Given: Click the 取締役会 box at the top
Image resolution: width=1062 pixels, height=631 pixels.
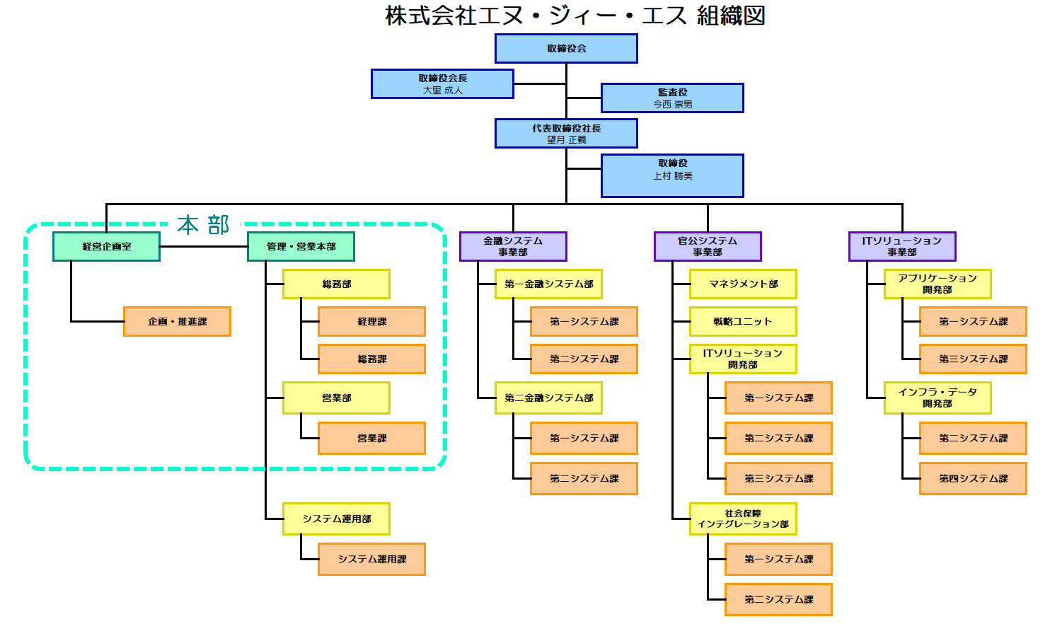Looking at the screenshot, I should point(566,49).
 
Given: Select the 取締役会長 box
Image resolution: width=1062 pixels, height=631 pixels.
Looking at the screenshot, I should point(442,83).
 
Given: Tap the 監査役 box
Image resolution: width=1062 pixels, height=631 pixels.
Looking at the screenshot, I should point(672,98).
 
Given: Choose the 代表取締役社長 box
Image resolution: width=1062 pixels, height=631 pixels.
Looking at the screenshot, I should point(566,133).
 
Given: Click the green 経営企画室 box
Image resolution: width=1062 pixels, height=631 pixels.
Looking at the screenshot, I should point(106,246).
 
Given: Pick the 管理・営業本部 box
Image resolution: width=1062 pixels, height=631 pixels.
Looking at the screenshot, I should point(301,246).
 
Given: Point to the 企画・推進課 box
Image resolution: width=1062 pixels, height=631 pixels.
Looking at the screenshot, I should point(177,321).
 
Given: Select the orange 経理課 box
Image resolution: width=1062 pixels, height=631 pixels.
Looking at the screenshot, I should point(371,321).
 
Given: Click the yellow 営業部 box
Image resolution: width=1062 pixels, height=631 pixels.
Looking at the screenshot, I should point(336,398).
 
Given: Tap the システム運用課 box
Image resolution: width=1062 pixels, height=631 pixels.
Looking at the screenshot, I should point(371,559).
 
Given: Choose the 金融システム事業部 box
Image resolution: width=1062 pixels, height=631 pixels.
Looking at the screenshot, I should point(513,246).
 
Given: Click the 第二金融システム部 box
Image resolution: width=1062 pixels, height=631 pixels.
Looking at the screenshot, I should point(548,398).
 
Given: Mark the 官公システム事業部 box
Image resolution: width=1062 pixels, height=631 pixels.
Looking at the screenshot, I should point(708,246).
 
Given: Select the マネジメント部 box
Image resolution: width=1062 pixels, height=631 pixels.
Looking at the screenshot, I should point(743,284).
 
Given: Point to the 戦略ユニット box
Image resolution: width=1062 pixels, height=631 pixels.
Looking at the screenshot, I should point(743,321).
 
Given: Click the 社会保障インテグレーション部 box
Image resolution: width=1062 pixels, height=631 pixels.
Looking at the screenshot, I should point(743,519).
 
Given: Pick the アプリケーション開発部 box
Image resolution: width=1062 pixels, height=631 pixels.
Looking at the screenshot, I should point(937,284).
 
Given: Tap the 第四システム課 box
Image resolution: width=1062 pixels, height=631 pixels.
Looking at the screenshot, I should point(973,478).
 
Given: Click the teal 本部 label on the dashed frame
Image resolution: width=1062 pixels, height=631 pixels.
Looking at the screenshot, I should point(204,225).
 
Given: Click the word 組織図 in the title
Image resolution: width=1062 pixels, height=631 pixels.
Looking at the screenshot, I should point(731,16).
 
